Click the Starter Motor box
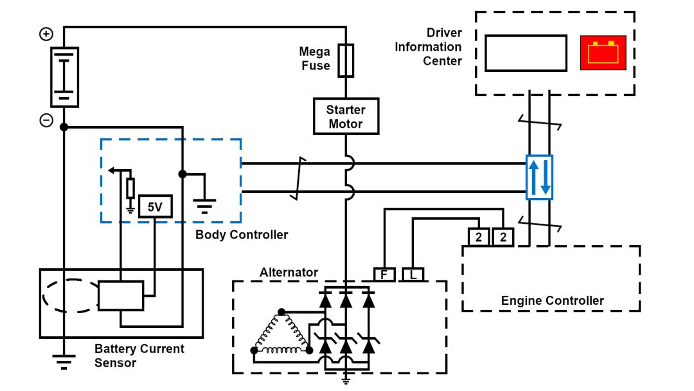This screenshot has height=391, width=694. point(346,116)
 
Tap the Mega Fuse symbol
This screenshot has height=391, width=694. point(346,60)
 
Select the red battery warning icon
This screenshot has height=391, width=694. point(603,52)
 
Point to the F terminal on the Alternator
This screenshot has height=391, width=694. point(384,275)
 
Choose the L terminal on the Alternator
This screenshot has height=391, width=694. point(412,275)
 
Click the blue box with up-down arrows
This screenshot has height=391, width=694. point(539,177)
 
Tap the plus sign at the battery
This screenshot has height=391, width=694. point(46,34)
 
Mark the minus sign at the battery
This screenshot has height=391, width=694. point(46,120)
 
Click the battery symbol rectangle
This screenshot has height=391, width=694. point(64,77)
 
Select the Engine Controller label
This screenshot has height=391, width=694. point(552,300)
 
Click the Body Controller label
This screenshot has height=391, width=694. point(242,235)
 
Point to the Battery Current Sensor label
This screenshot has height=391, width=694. point(139,356)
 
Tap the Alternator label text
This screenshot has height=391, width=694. point(289,272)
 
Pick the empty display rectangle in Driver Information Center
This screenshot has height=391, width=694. point(526,53)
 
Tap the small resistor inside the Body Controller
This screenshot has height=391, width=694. point(130,188)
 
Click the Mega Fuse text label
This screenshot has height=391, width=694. point(315,59)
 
